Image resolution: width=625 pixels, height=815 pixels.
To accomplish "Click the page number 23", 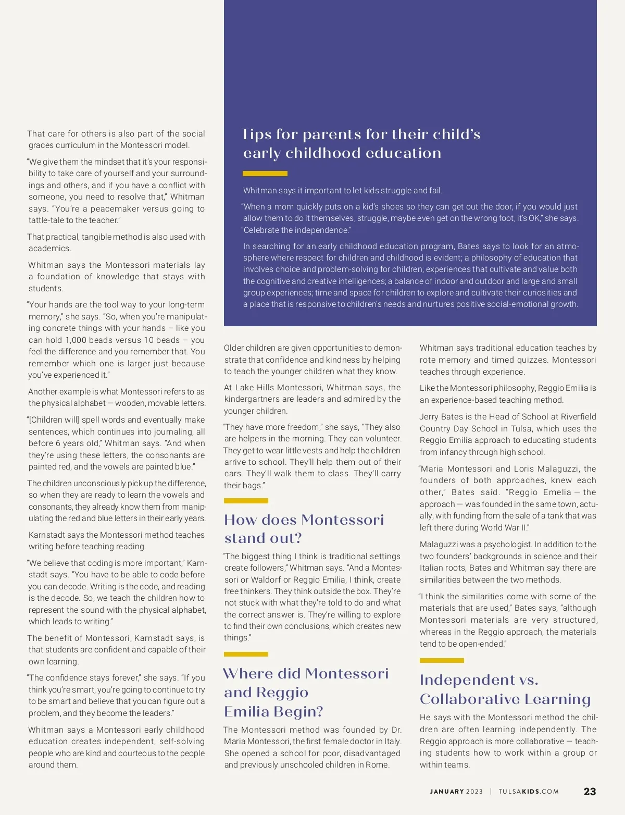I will pos(590,792).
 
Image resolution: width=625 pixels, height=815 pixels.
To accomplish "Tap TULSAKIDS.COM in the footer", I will pos(528,792).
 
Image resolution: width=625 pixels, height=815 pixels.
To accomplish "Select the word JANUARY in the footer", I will pos(447,792).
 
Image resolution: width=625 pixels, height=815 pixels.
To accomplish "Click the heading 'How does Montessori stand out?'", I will pos(304,528).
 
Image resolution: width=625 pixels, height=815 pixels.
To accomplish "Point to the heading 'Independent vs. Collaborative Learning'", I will pos(505,689).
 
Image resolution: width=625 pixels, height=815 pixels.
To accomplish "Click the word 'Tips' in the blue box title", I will pos(257,134).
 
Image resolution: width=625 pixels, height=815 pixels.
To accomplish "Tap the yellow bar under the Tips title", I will pos(265,174).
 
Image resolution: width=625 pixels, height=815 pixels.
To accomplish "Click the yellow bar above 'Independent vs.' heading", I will pos(442,660).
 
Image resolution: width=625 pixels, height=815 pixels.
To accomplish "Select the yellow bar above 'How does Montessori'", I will pos(246,501).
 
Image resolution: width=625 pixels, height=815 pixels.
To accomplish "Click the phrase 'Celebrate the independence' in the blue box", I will pos(296,230).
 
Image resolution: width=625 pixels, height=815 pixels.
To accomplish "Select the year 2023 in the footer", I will pos(474,792).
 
